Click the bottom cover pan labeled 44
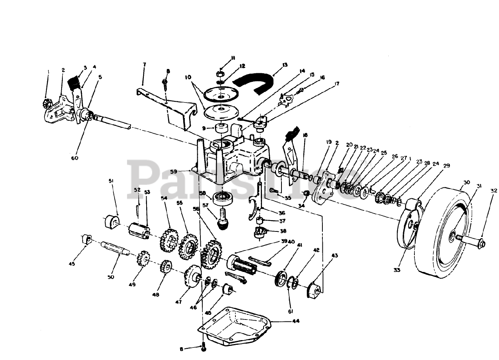pos(234,325)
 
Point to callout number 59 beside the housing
pos(184,171)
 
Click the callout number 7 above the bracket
pos(144,64)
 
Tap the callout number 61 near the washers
pos(290,311)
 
